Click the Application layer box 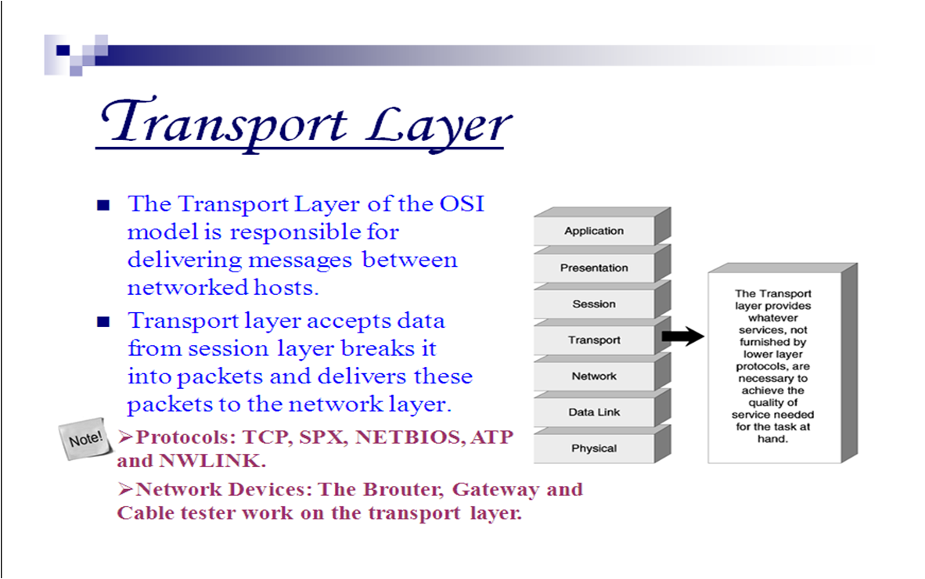tap(594, 231)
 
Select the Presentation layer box tap(594, 268)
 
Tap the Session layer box tap(594, 304)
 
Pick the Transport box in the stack tap(594, 340)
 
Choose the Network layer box tap(594, 376)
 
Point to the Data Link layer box tap(594, 412)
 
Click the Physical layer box tap(594, 448)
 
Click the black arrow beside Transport tap(682, 337)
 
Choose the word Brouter tap(403, 490)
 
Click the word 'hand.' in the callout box tap(772, 439)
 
